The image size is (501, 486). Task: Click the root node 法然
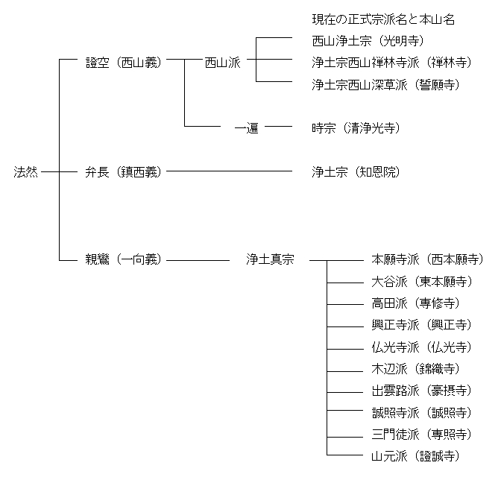click(x=26, y=172)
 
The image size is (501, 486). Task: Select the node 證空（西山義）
click(x=123, y=63)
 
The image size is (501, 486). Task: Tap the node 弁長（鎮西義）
click(x=123, y=172)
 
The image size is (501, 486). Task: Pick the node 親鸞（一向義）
click(x=123, y=260)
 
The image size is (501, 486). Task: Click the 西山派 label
click(x=223, y=63)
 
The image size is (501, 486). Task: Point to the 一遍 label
click(x=246, y=128)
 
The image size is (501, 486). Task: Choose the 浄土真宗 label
click(x=270, y=260)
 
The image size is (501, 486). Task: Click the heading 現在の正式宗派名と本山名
click(x=383, y=19)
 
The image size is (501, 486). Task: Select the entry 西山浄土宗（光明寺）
click(x=368, y=41)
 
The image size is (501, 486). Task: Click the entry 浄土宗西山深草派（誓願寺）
click(x=385, y=84)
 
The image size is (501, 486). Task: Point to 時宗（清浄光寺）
click(x=356, y=128)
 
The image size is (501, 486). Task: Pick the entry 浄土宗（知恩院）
click(x=356, y=172)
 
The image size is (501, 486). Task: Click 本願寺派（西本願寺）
click(x=427, y=260)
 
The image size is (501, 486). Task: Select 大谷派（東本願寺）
click(x=421, y=282)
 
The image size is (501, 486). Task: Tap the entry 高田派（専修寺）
click(x=415, y=303)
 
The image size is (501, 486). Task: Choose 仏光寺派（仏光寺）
click(x=421, y=347)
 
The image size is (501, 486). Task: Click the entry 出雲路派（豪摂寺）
click(x=421, y=391)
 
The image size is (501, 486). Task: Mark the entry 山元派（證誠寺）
click(x=415, y=455)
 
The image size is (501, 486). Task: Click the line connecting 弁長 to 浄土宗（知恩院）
click(x=227, y=172)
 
